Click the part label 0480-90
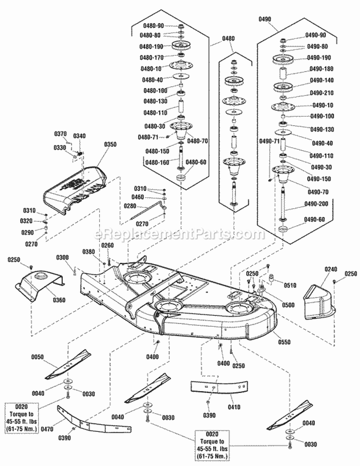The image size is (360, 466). click(152, 26)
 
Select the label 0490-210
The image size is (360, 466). click(322, 93)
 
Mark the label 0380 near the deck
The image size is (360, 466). click(88, 252)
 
